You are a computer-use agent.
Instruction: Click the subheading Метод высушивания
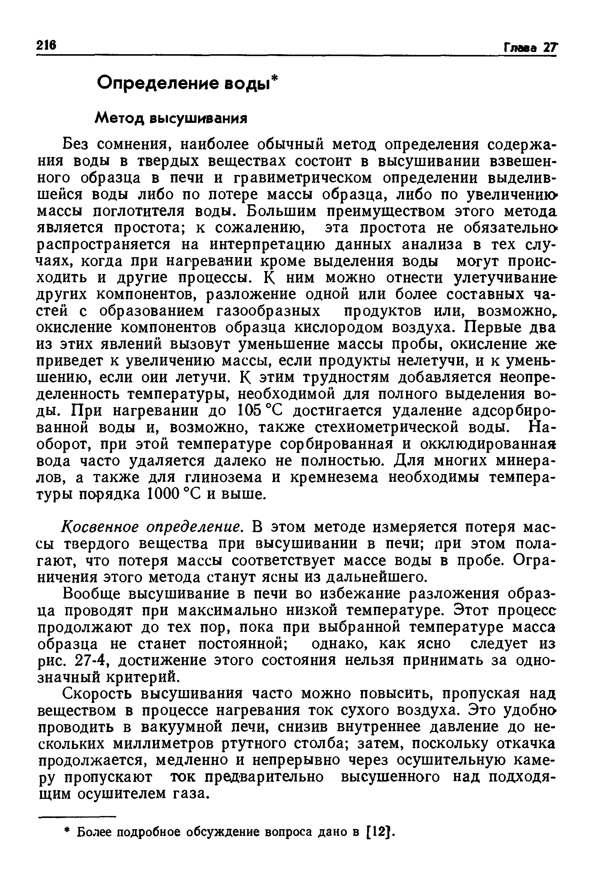pyautogui.click(x=170, y=119)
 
